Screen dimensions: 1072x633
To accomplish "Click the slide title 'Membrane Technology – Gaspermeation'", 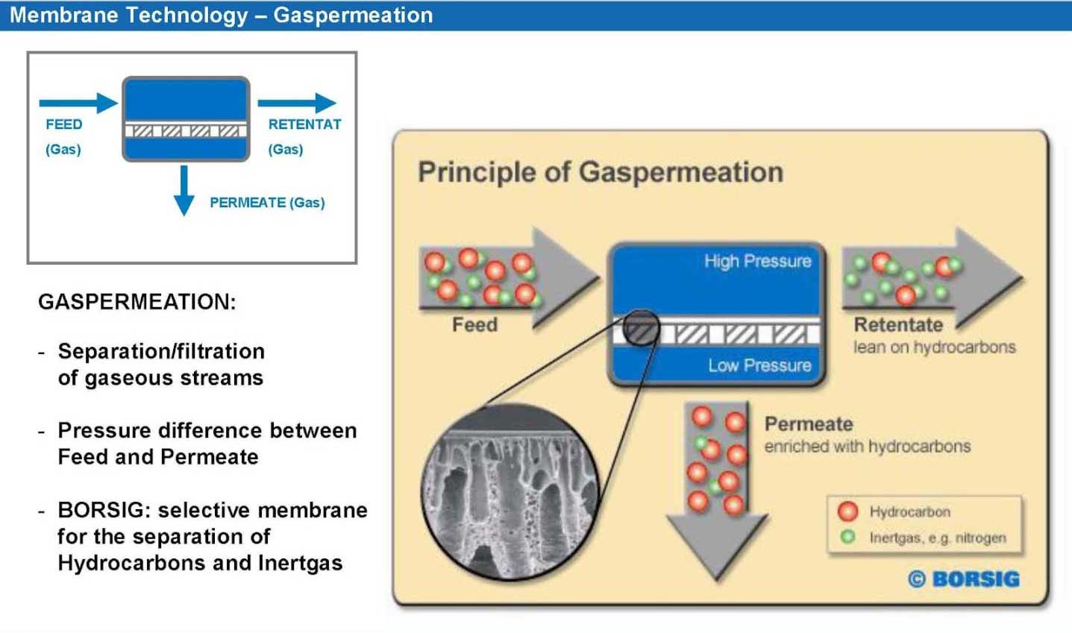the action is [221, 16].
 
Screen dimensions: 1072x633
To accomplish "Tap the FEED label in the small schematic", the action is [64, 125].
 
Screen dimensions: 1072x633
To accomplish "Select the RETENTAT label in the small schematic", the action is [304, 125].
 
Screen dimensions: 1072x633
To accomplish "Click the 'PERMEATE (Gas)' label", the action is [267, 202].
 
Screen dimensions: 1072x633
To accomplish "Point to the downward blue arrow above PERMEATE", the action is [184, 190].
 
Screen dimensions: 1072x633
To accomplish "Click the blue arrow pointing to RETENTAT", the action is [297, 103].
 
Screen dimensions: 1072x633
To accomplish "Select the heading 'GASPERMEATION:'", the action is [137, 302].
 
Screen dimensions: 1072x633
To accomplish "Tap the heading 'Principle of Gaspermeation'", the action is [601, 171].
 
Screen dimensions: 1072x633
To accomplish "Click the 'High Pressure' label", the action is [758, 261].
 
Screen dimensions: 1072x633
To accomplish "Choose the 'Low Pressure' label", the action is [760, 365].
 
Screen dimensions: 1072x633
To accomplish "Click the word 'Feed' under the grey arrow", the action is [474, 325].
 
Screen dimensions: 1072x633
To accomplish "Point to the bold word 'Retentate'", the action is [898, 325].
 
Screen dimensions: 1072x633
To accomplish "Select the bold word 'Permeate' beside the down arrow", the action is [809, 424].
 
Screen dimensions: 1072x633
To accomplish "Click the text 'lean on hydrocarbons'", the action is [934, 347].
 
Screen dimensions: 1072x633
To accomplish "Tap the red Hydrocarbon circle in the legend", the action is [847, 511].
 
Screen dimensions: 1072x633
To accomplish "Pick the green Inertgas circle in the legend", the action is [847, 537].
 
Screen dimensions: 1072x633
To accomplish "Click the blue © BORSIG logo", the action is [963, 579].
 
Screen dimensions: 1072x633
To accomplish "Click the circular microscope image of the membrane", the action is [510, 493].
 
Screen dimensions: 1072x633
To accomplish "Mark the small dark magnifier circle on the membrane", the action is [642, 328].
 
